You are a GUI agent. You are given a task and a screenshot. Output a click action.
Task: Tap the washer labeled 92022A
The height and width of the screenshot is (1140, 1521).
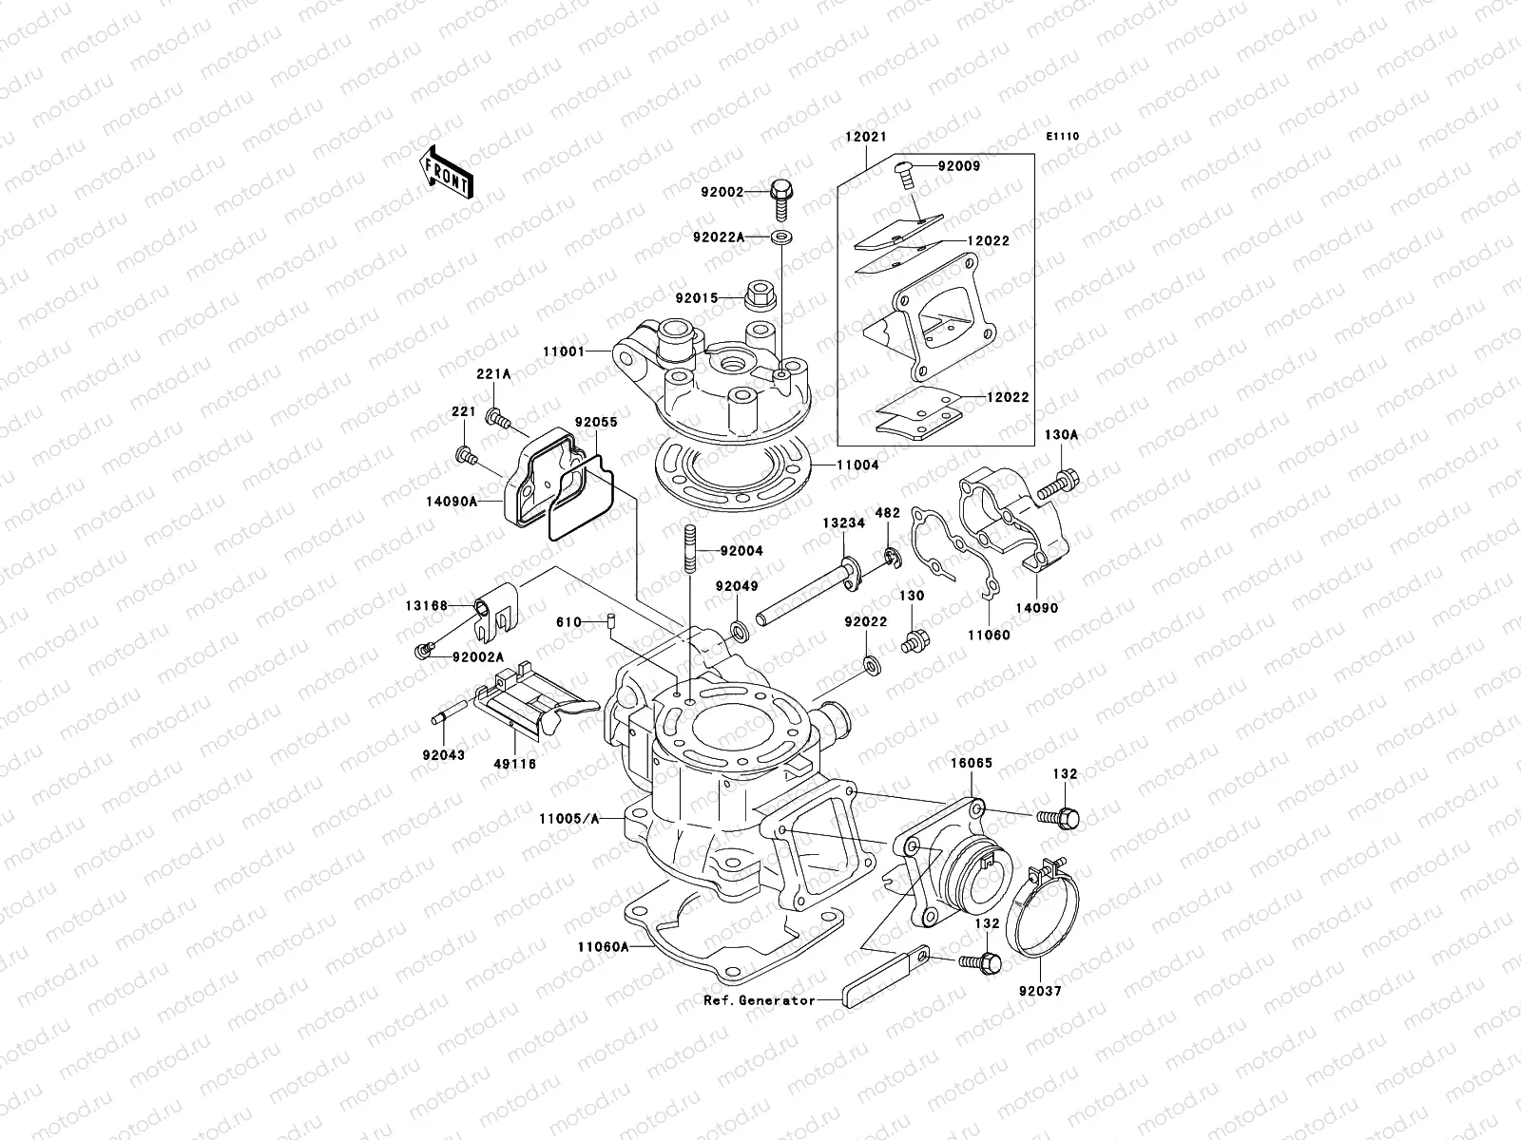(x=780, y=236)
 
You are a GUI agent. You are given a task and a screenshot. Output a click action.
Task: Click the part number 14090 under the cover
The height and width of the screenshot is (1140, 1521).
(x=1036, y=608)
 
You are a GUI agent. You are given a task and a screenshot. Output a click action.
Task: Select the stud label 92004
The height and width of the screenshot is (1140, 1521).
(x=741, y=551)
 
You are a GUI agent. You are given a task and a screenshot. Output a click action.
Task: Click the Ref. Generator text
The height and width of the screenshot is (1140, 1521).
(x=760, y=1000)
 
